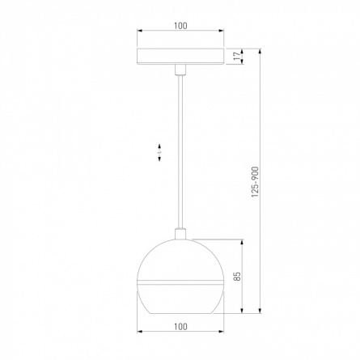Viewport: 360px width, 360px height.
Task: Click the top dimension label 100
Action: point(180,26)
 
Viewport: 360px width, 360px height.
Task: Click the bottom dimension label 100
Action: point(180,327)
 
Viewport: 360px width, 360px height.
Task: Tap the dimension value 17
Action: point(237,56)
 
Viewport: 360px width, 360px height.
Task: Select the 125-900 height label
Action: point(255,182)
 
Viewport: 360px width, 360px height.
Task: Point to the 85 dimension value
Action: point(237,277)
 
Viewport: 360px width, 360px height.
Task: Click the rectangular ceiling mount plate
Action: point(180,57)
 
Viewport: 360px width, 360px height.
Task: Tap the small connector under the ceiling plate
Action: point(180,70)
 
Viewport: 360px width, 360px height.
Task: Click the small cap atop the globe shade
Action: point(180,234)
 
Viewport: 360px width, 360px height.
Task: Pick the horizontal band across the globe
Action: point(180,282)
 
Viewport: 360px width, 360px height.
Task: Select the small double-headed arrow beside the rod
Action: point(159,153)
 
